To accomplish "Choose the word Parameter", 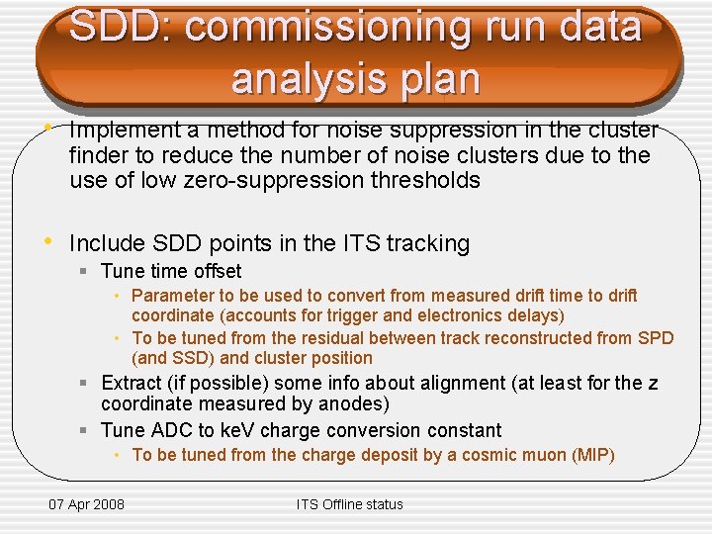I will point(173,296).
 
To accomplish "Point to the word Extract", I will point(133,383).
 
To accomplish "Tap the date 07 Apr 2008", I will point(87,504).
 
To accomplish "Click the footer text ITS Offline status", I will point(350,504).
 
